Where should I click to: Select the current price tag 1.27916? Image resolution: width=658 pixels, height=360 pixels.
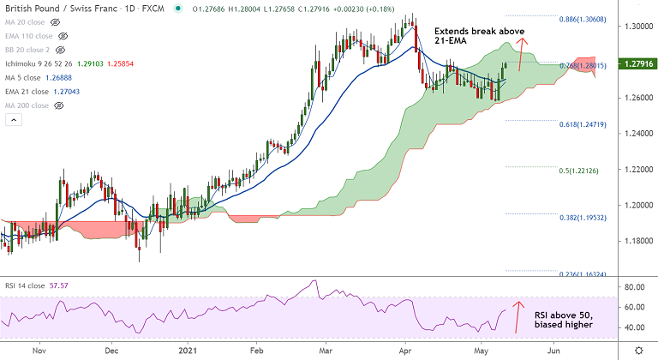635,63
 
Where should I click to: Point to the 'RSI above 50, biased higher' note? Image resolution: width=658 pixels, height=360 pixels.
564,320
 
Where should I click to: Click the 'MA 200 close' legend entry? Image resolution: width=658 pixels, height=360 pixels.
27,105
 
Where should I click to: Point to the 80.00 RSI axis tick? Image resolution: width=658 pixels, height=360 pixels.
634,286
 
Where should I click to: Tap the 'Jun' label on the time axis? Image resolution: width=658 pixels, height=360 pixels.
554,350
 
